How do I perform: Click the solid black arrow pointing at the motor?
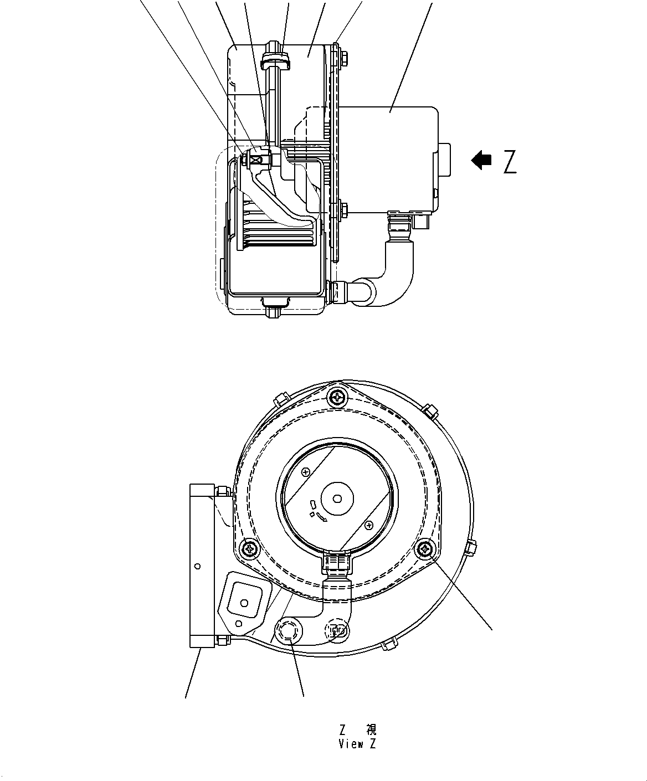[481, 161]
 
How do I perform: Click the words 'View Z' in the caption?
[357, 744]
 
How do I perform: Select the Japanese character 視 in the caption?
[371, 729]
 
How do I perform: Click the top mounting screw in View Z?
[337, 397]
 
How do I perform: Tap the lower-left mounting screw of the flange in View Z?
[250, 548]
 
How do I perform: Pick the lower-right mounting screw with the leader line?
[426, 548]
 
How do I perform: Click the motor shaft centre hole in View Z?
[337, 499]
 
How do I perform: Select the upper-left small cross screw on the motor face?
[306, 472]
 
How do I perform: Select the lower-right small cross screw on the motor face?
[369, 524]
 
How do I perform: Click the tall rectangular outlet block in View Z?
[202, 565]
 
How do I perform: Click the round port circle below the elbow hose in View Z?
[287, 631]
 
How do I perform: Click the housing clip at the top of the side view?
[275, 58]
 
